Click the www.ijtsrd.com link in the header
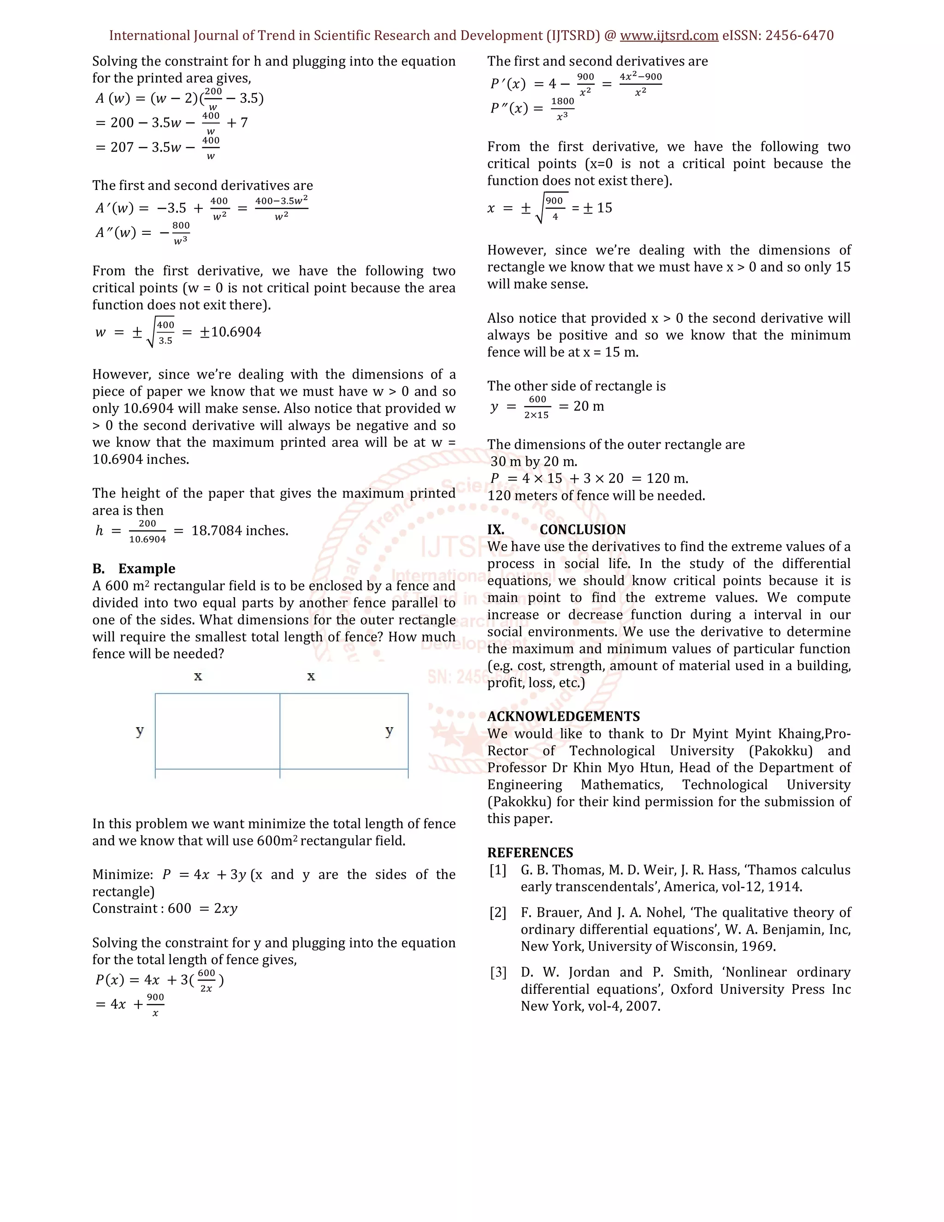pos(669,36)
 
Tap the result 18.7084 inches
pos(239,530)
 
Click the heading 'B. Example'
pos(134,569)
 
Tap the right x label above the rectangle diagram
pos(311,676)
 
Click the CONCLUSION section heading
pos(582,529)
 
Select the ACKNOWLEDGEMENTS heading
pos(563,716)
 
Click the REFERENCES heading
pos(530,853)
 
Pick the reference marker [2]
pos(498,913)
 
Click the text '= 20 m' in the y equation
pos(582,406)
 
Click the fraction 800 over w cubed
pos(181,233)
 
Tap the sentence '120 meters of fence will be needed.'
pos(596,496)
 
